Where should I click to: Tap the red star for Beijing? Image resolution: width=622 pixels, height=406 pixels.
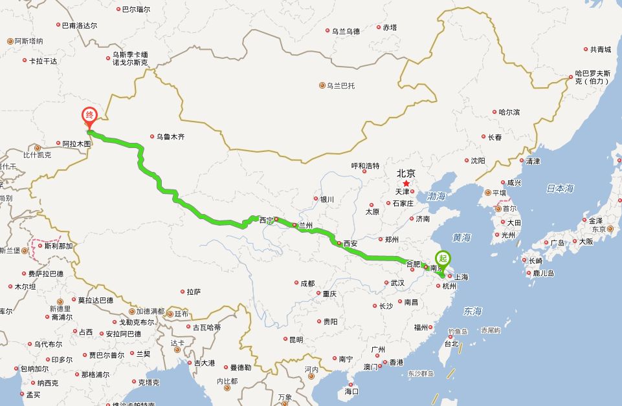pos(406,184)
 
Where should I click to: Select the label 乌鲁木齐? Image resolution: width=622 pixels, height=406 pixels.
pos(170,137)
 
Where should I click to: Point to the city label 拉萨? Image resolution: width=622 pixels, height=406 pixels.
pos(194,292)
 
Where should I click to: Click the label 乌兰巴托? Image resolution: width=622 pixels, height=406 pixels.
pos(340,85)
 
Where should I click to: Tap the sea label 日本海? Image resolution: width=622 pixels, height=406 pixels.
pos(560,188)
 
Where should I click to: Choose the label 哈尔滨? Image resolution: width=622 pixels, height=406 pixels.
pos(509,112)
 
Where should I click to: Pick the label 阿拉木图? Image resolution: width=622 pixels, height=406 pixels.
pos(77,144)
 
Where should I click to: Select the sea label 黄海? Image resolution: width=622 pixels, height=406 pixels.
pos(461,237)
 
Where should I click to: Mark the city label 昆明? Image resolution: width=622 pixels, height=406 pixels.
pos(295,339)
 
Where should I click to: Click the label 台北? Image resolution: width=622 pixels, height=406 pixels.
pos(452,344)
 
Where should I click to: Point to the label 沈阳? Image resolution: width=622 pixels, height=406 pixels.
pos(478,160)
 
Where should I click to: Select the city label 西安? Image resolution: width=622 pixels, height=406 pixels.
pos(350,244)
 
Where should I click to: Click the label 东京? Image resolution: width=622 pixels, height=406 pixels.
pos(598,230)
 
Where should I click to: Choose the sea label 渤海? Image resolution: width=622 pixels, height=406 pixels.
pos(436,196)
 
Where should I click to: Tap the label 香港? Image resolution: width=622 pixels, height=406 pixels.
pos(395,363)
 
